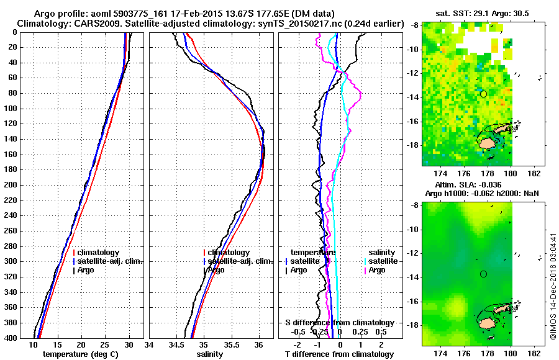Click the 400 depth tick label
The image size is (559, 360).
coord(12,338)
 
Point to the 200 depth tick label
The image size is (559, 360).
coord(12,185)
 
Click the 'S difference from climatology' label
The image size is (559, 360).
coord(339,323)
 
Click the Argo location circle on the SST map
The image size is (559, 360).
coord(483,94)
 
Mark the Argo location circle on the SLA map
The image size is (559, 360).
coord(483,274)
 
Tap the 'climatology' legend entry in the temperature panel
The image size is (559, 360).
coord(99,253)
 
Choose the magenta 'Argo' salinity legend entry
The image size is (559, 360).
coord(376,270)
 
